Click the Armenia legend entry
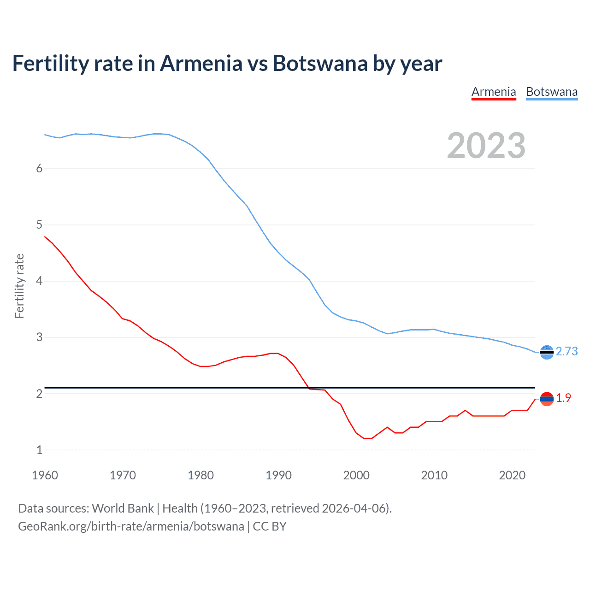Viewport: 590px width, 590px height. tap(494, 92)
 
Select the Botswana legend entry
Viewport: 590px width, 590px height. tap(552, 92)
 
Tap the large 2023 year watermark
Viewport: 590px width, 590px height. tap(486, 146)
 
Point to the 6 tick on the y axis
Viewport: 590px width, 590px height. tap(39, 169)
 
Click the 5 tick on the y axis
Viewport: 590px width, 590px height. tap(39, 225)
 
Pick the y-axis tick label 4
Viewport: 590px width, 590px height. tap(39, 281)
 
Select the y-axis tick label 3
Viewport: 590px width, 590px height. tap(39, 337)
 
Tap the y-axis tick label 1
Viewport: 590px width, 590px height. tap(39, 450)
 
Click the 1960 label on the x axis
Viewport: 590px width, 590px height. tap(45, 475)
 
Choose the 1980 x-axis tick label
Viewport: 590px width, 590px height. tap(201, 475)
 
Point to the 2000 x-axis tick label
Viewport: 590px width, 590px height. tap(356, 475)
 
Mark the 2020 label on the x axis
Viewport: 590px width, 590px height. tap(512, 475)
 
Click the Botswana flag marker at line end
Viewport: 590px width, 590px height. tap(547, 352)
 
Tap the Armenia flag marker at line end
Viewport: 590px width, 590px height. tap(547, 399)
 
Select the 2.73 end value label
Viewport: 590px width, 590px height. tap(566, 352)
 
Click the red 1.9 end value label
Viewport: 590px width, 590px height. tap(563, 398)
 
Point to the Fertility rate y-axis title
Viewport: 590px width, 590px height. tap(19, 286)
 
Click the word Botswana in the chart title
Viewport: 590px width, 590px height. tap(320, 63)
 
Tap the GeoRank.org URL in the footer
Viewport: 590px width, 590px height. tap(131, 526)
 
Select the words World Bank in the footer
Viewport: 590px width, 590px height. tap(123, 508)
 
